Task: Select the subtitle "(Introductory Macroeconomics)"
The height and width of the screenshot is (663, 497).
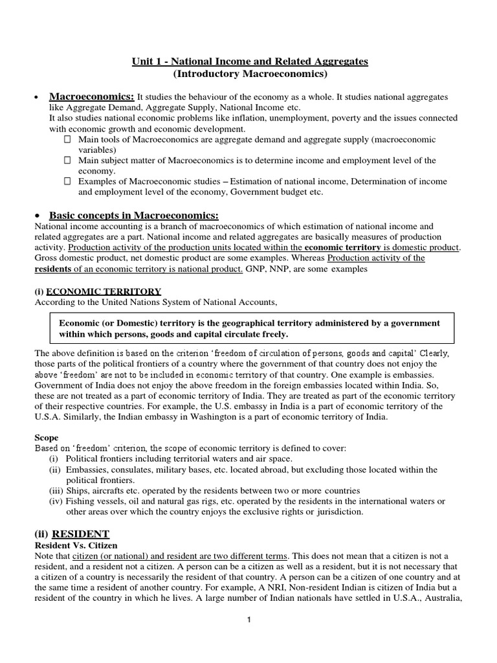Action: pos(248,74)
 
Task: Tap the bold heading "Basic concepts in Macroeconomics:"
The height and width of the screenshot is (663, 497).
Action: pos(135,215)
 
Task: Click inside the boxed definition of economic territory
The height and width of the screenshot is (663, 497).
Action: pos(252,328)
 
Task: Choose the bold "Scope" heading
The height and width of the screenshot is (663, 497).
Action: pos(47,438)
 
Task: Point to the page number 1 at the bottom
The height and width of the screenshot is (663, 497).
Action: pos(248,620)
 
